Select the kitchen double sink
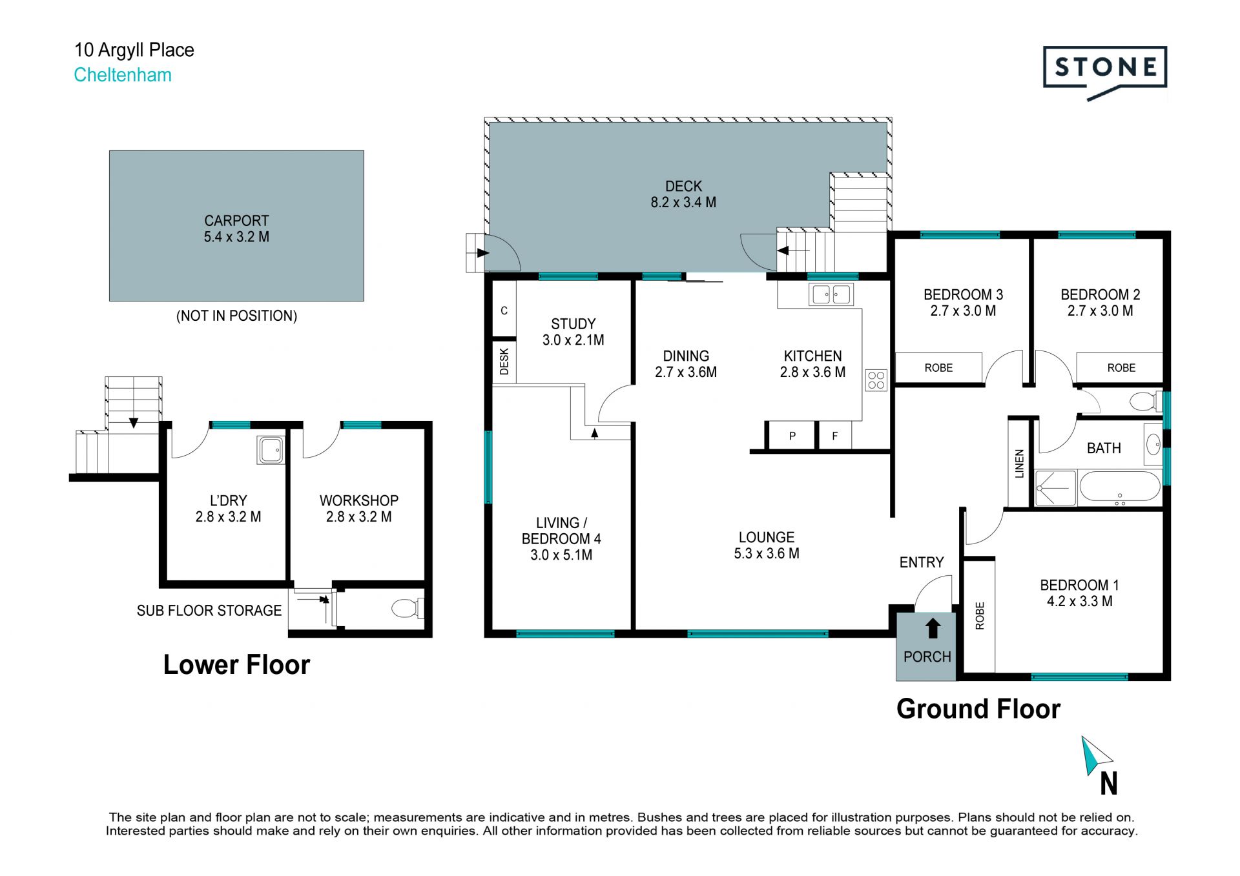click(831, 294)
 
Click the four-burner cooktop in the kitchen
click(876, 380)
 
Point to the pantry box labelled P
click(792, 436)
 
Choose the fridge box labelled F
click(835, 436)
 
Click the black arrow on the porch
click(933, 628)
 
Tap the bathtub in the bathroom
click(1120, 487)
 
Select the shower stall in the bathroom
click(1056, 488)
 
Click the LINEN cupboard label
click(1020, 463)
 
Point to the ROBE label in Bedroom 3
click(938, 368)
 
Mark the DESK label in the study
click(504, 362)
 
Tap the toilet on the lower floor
click(407, 608)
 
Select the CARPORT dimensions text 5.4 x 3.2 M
click(236, 237)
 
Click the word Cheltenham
click(123, 75)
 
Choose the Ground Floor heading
click(978, 709)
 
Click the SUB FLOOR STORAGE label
click(209, 611)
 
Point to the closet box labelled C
click(504, 311)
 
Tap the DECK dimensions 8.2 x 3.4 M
click(683, 203)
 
